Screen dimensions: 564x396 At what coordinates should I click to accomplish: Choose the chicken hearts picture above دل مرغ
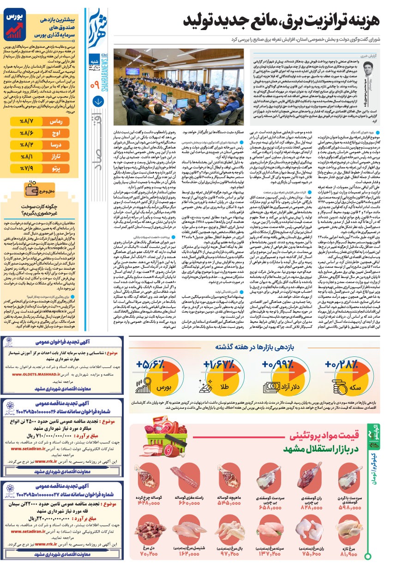tap(149, 533)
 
